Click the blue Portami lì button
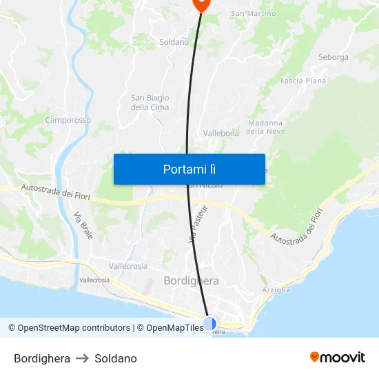click(x=189, y=169)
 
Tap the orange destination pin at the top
click(x=201, y=3)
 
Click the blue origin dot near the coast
click(x=209, y=322)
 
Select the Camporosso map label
click(x=68, y=120)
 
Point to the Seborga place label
click(x=333, y=57)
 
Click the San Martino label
click(x=253, y=14)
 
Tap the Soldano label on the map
click(x=174, y=42)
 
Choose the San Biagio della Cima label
click(x=150, y=103)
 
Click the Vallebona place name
click(x=221, y=132)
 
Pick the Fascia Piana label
click(x=303, y=81)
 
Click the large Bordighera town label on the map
click(x=191, y=280)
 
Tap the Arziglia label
click(x=276, y=290)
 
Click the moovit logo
click(x=338, y=357)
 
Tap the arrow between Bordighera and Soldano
click(x=83, y=358)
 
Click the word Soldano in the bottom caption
click(x=116, y=358)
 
